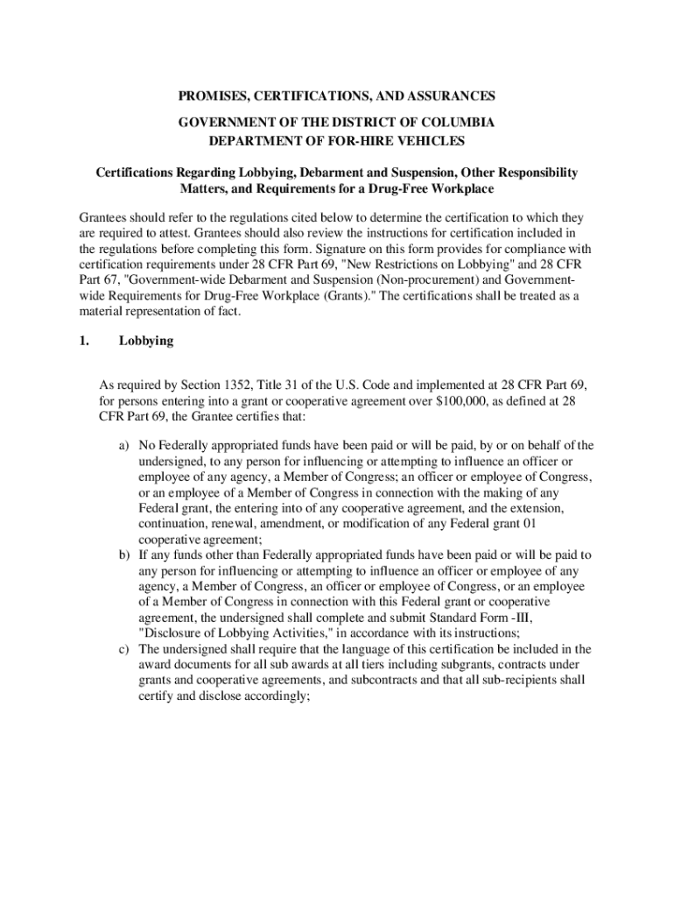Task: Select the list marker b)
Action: point(125,555)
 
